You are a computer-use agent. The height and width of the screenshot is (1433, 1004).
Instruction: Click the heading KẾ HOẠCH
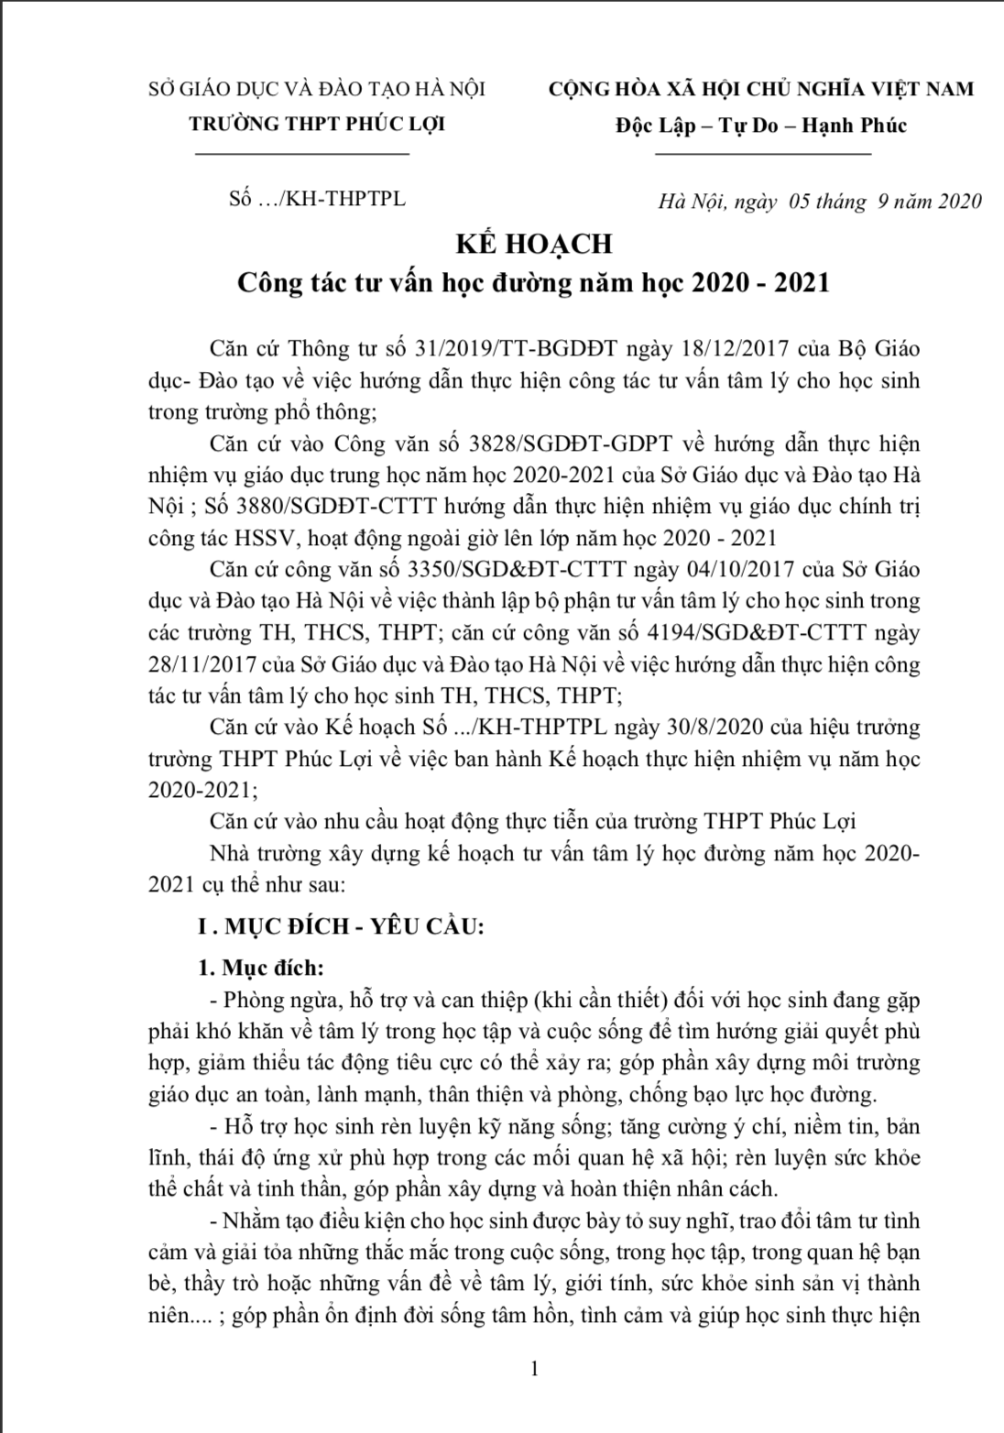pos(534,244)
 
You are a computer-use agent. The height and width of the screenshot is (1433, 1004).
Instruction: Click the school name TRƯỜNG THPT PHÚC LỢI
pos(317,125)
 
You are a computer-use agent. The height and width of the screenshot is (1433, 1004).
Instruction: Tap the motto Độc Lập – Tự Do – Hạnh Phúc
pos(761,126)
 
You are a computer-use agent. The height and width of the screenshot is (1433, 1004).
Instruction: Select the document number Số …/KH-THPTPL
pos(317,199)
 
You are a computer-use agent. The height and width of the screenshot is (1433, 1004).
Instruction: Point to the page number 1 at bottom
pos(534,1370)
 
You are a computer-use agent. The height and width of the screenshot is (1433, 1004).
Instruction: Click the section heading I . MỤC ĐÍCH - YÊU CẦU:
pos(341,926)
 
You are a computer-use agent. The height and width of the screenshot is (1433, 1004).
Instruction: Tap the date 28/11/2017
pos(202,664)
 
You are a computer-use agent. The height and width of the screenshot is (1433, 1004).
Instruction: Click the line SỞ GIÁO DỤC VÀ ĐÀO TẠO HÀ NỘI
pos(317,89)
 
